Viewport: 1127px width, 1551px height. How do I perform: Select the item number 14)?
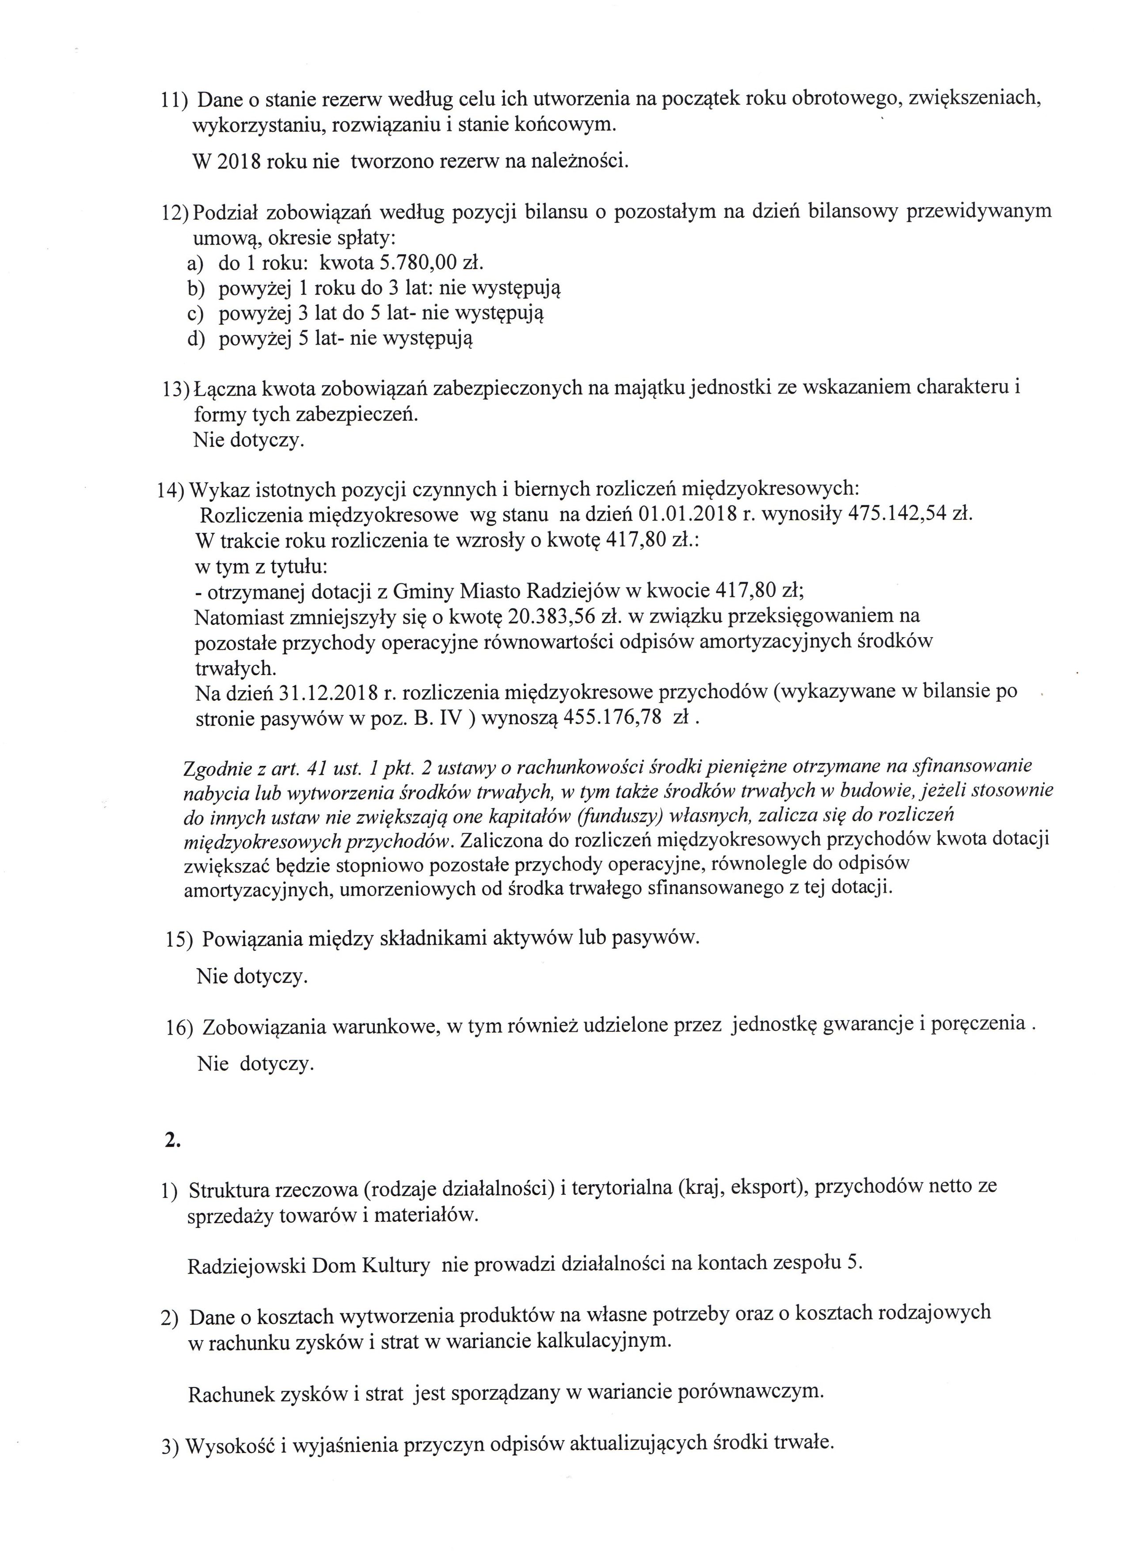(171, 490)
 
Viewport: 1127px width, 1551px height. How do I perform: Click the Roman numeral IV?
(456, 719)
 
